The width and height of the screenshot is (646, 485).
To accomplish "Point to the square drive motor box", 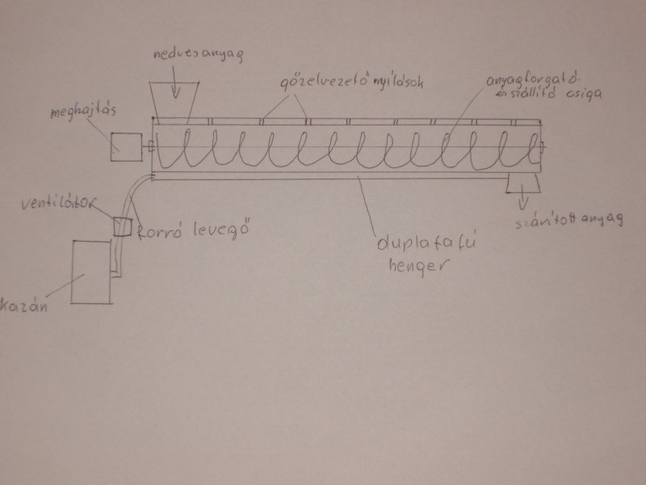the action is click(x=126, y=145).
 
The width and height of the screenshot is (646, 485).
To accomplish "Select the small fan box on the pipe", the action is click(x=123, y=226).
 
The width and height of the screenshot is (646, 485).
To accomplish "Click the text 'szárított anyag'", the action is click(x=570, y=222).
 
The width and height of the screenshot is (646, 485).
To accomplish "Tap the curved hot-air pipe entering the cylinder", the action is click(x=132, y=192).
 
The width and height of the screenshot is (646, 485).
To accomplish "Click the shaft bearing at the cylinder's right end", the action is click(x=544, y=147).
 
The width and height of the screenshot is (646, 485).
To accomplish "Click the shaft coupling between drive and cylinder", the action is click(x=149, y=146).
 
